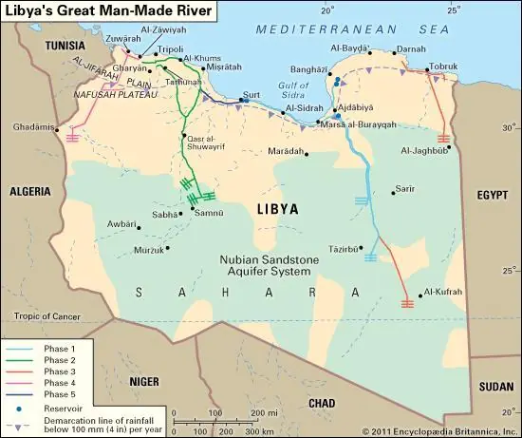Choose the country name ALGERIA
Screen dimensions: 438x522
(x=28, y=190)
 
